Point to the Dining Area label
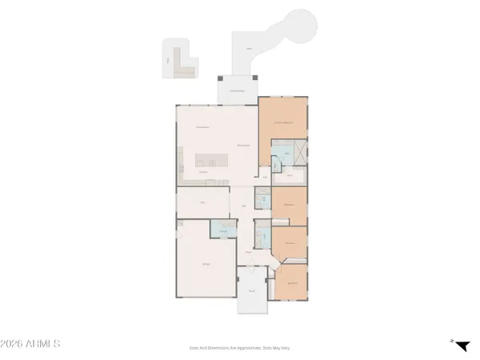click(x=244, y=145)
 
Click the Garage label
click(x=206, y=263)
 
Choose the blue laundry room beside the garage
click(x=221, y=230)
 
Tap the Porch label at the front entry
click(x=253, y=291)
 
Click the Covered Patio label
click(x=238, y=90)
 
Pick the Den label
click(x=203, y=202)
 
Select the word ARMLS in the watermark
click(x=44, y=344)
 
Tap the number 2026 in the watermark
click(x=14, y=344)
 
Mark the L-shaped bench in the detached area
click(x=184, y=70)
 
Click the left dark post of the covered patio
click(x=221, y=78)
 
